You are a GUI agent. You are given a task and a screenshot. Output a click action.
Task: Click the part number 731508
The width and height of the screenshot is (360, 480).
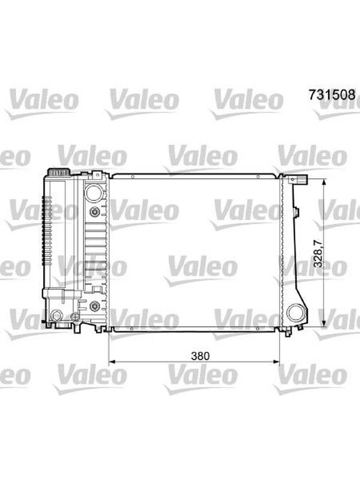(x=332, y=94)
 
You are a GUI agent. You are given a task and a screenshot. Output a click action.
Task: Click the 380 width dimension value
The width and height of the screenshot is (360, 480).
(x=200, y=356)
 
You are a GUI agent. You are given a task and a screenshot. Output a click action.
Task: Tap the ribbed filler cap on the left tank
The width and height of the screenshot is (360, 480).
(x=58, y=172)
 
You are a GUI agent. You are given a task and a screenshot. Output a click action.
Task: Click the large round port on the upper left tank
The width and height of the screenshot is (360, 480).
(x=94, y=193)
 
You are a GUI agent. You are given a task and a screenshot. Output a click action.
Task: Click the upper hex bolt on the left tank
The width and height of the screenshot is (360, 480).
(x=94, y=212)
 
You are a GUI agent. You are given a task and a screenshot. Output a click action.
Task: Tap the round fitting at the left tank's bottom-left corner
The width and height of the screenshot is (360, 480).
(x=56, y=316)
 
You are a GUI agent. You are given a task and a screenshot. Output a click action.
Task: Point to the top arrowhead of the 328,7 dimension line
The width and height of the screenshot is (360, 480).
(x=324, y=183)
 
